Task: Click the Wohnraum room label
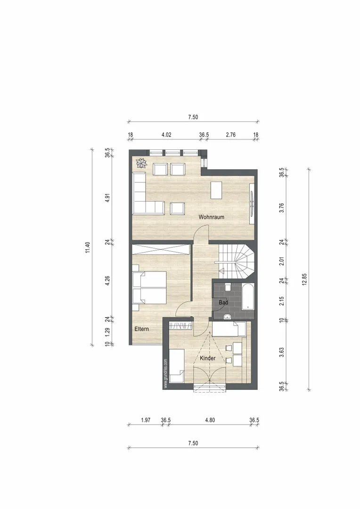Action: point(211,217)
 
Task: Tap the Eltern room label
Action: point(141,329)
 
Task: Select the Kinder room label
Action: point(207,358)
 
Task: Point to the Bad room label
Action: point(223,302)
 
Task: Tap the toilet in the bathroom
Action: point(228,287)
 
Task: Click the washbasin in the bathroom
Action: point(227,316)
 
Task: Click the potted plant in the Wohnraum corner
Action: point(141,163)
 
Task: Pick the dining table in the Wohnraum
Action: point(217,190)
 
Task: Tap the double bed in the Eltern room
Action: point(150,287)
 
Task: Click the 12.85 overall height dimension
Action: point(304,279)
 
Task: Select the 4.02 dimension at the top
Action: point(166,135)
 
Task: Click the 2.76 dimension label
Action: point(230,135)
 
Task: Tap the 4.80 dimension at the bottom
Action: point(210,420)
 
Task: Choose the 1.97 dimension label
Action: point(146,420)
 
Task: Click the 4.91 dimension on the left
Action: point(108,198)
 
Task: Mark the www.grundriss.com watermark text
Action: point(165,373)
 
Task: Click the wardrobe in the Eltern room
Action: point(161,250)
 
